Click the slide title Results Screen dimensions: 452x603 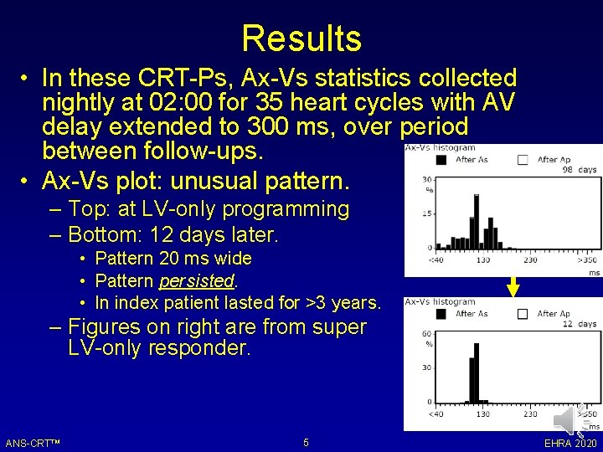[x=301, y=39]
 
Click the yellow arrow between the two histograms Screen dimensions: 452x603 [x=513, y=287]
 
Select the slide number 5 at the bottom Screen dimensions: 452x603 [x=306, y=442]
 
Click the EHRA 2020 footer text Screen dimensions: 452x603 [x=570, y=443]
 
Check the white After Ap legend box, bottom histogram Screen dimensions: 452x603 [x=523, y=314]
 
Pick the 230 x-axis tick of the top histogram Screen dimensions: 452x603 [x=530, y=260]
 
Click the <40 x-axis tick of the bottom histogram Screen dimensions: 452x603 [x=436, y=413]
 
